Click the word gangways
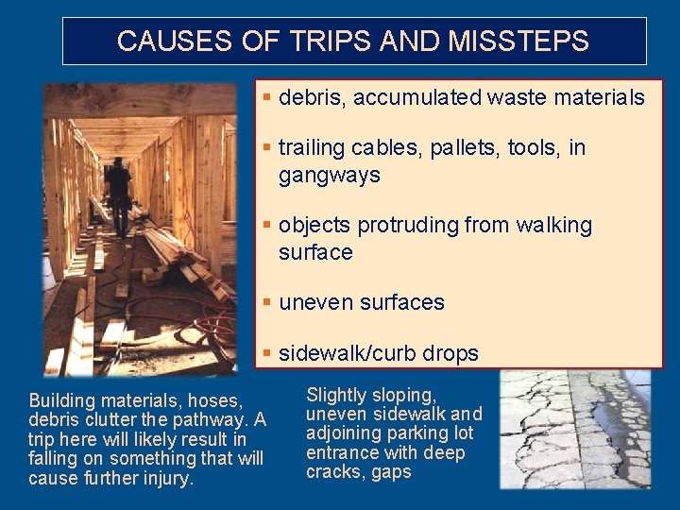pos(329,175)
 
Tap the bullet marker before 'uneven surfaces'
pos(268,302)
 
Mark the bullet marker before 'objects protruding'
pos(268,226)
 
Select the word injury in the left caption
pos(166,478)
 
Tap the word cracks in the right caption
pos(331,471)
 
